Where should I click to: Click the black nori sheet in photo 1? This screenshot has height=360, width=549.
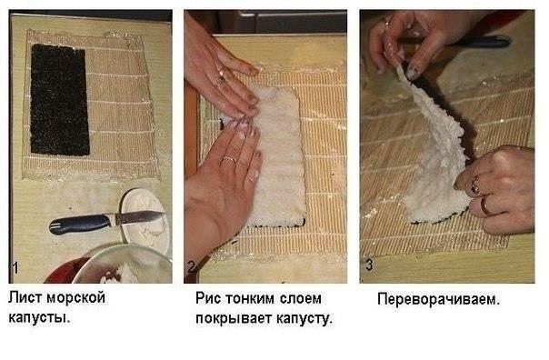click(x=59, y=100)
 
